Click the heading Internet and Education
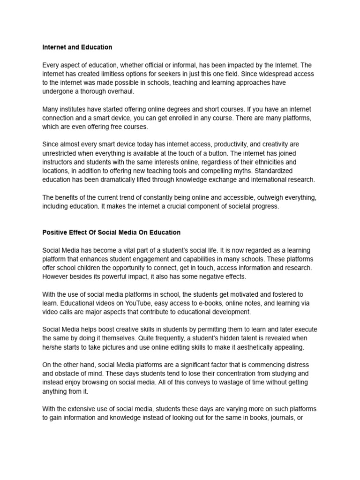pos(77,47)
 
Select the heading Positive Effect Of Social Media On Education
pos(111,232)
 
